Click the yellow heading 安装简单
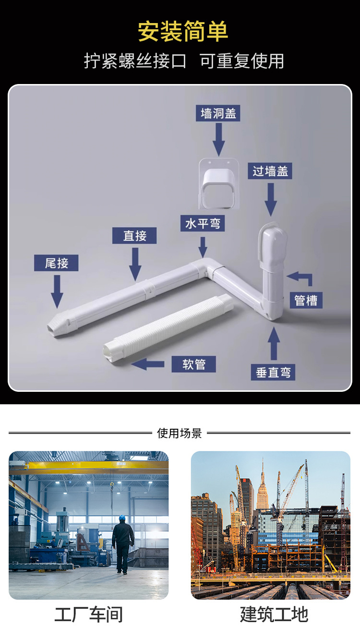(183, 32)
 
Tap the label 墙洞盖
(219, 113)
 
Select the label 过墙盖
(270, 171)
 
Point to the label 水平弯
(203, 223)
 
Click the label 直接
(134, 236)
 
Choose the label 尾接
(56, 263)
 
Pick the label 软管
(194, 364)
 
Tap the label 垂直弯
(273, 372)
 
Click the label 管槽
(306, 300)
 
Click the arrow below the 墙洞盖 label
(219, 139)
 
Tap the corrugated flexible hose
(168, 327)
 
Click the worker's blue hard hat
(122, 518)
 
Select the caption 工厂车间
(89, 615)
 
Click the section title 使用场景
(180, 433)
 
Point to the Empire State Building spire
(263, 468)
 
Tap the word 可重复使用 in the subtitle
(242, 61)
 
